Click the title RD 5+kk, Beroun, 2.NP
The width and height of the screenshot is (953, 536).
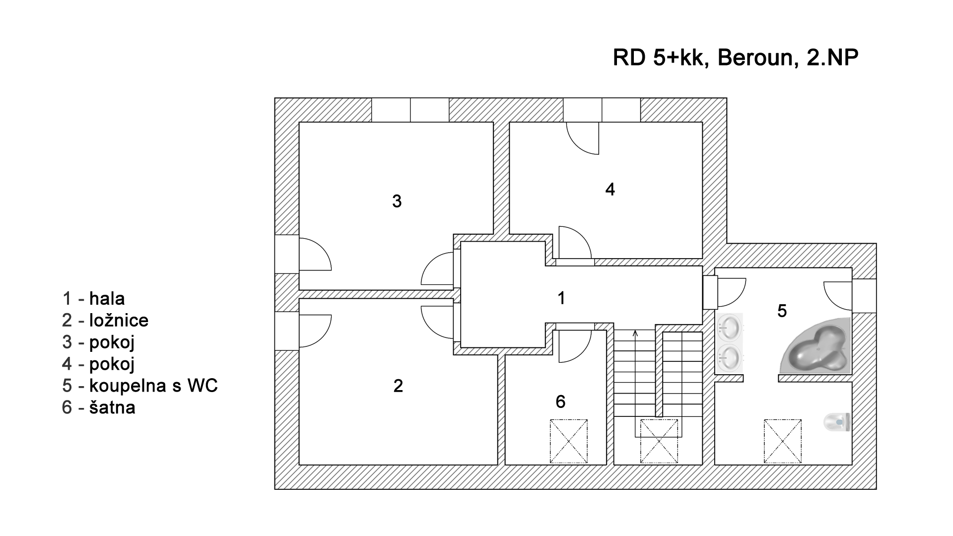[x=736, y=58]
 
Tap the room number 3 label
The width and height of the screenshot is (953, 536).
[x=397, y=201]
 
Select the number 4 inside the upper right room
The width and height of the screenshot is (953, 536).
[x=610, y=189]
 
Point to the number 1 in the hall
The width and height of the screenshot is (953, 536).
[x=561, y=298]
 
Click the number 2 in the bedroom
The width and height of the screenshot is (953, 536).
[x=398, y=386]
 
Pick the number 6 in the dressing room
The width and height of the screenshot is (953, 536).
[x=560, y=402]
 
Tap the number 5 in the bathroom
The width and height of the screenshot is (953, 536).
[x=782, y=311]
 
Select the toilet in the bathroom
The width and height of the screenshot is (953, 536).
[x=837, y=422]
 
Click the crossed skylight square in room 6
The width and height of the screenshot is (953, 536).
[x=568, y=441]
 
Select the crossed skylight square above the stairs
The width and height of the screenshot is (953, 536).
[x=659, y=441]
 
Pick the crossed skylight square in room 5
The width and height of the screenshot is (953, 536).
[x=783, y=441]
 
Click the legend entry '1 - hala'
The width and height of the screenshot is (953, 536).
[x=93, y=299]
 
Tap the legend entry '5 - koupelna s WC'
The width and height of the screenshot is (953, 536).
[x=140, y=386]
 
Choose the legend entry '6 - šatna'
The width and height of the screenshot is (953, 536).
[x=99, y=407]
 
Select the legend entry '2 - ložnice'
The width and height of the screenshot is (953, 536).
[x=105, y=320]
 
